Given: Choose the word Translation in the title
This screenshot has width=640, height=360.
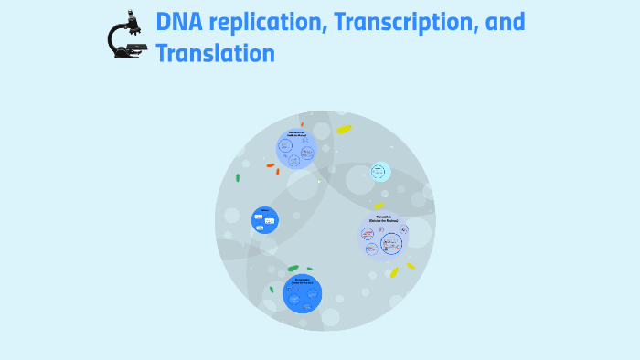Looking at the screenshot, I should [215, 54].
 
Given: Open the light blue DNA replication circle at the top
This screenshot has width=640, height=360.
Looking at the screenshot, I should [296, 149].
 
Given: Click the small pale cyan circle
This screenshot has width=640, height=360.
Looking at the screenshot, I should [380, 172].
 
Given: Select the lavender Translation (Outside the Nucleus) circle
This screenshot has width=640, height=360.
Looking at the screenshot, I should [383, 238].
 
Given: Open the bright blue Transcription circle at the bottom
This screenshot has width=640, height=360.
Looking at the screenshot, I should [302, 293].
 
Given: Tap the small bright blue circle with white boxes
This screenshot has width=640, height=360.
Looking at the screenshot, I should [265, 219].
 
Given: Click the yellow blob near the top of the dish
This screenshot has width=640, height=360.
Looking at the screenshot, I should [344, 130].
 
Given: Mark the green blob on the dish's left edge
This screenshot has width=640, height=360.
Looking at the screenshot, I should [238, 178].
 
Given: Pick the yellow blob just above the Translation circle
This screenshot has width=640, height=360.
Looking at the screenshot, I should [379, 206].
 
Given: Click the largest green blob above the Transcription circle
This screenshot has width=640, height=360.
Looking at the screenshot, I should [293, 269].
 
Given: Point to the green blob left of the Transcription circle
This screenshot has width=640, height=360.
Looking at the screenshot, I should [272, 290].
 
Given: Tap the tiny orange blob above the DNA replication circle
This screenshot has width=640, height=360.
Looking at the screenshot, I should [303, 120].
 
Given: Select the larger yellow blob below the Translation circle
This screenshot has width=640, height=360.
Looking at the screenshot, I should [394, 272].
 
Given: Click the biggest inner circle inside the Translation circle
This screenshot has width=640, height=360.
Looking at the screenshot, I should [391, 244].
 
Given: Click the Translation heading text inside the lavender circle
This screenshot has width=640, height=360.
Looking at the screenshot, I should [382, 218].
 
